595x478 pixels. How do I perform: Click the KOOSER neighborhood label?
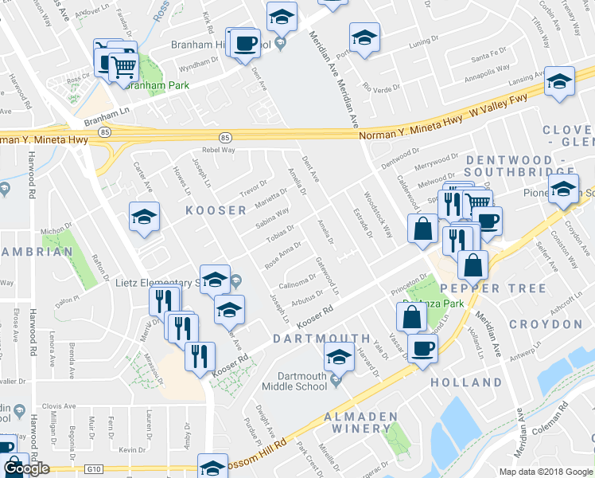click(216, 210)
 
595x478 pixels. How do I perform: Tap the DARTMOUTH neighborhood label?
click(321, 339)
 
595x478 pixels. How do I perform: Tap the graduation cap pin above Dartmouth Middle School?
click(339, 358)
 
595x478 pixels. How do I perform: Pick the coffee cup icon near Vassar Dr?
click(422, 347)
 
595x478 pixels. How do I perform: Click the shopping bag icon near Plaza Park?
click(411, 317)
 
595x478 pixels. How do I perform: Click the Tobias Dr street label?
click(281, 233)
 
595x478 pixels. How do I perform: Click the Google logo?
click(26, 468)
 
